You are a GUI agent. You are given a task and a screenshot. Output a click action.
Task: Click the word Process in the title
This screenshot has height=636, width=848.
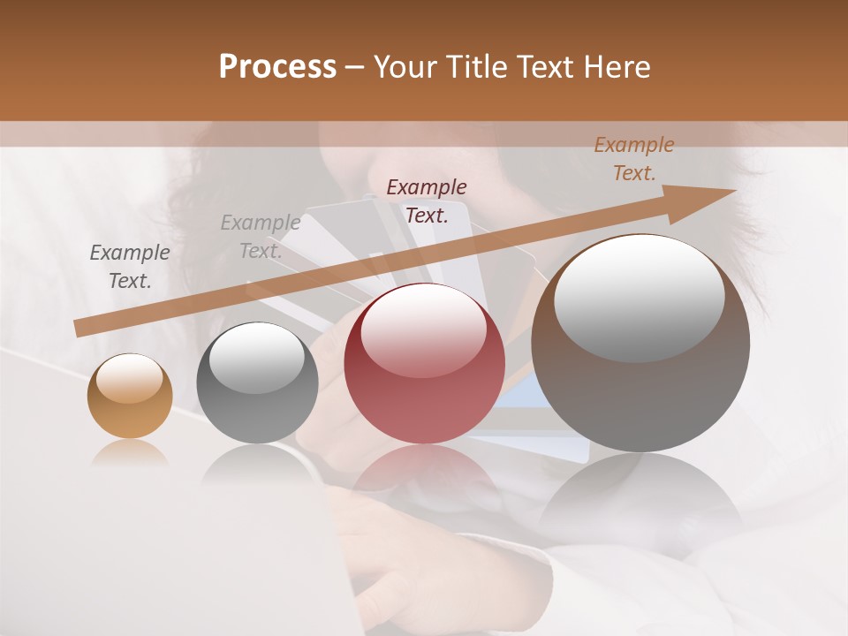pos(277,67)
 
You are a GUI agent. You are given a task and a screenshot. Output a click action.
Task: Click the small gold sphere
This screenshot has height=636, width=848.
pos(130,397)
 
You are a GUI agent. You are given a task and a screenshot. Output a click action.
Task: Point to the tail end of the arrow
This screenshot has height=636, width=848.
pos(78,329)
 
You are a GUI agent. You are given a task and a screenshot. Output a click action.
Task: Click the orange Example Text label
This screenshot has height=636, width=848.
pos(633,159)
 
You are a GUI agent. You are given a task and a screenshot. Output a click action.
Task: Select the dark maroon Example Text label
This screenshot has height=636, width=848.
pos(427,201)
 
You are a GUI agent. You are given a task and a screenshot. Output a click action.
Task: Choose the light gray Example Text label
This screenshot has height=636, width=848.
pos(260,237)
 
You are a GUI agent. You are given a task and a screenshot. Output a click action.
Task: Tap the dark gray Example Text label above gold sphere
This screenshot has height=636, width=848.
pos(130,267)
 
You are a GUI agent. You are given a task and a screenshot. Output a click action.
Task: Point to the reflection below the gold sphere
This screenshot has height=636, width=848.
pos(130,454)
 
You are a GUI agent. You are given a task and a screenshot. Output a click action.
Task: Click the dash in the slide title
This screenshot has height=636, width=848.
pos(355,68)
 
